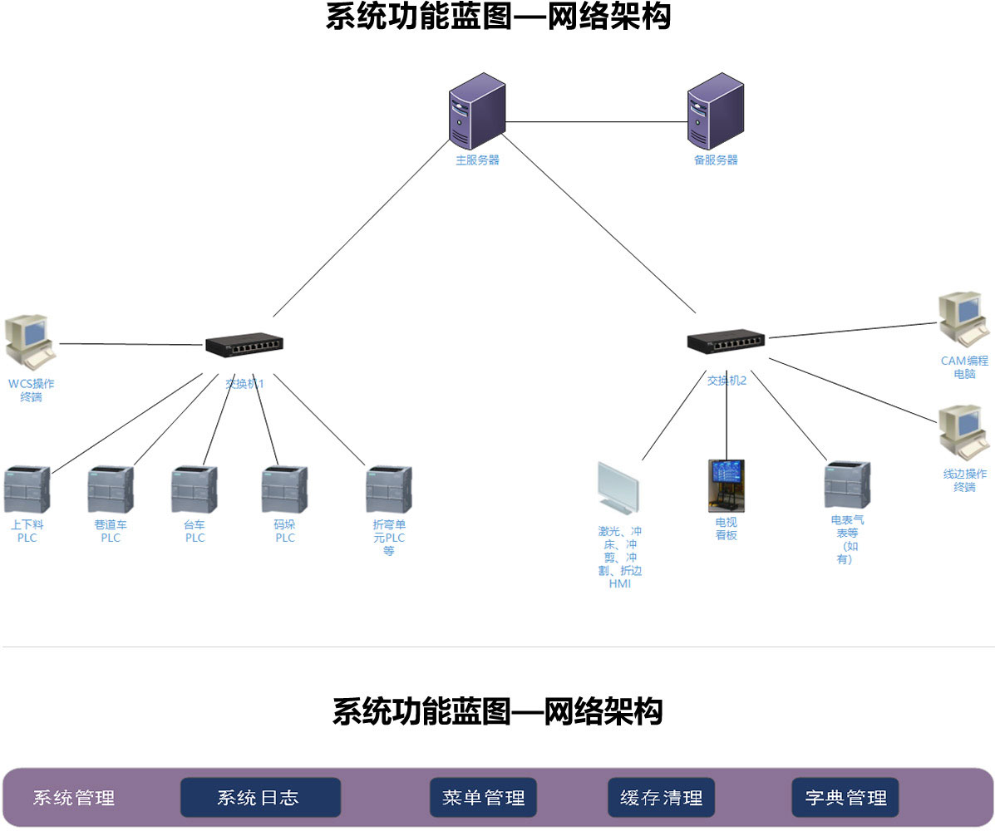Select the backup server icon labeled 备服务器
pos(715,111)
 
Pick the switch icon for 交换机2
pos(726,340)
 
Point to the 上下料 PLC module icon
pos(27,490)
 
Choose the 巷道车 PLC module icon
pos(111,490)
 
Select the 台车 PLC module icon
pos(195,490)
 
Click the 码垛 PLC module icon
pos(284,490)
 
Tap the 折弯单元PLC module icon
pos(388,490)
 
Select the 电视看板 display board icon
pos(726,485)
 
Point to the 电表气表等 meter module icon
pos(847,484)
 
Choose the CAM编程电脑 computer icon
pos(963,318)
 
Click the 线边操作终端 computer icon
pos(963,432)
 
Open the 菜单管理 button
pos(483,798)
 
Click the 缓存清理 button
pos(661,798)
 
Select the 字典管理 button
pos(845,798)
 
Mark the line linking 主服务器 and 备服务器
pos(596,122)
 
